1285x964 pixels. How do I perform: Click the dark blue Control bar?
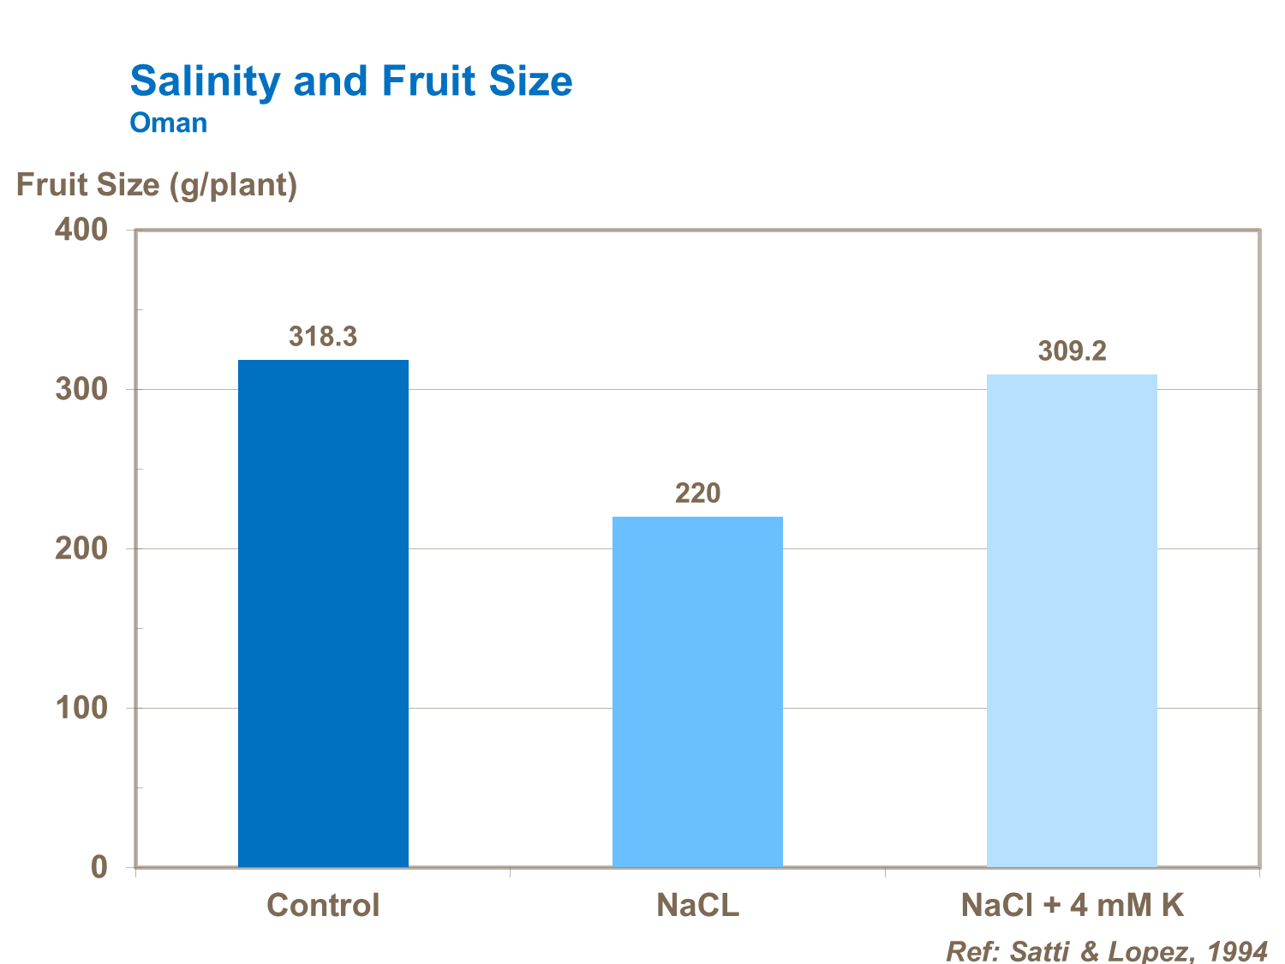323,613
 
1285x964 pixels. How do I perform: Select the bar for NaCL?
697,691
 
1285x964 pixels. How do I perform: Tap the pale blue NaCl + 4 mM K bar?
1072,620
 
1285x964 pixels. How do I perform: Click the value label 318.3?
323,337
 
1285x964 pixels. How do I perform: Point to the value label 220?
697,494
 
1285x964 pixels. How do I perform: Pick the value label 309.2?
1072,351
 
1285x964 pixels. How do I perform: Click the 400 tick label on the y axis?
81,230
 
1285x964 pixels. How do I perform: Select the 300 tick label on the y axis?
81,389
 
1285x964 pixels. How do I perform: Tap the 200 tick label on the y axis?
81,548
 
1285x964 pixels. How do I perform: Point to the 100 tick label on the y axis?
81,708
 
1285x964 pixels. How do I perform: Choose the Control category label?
323,906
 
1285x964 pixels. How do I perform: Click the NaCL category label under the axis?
697,906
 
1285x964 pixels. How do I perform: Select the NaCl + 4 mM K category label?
1072,906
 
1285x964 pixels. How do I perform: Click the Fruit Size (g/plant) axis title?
157,185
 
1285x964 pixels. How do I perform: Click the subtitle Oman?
168,123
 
